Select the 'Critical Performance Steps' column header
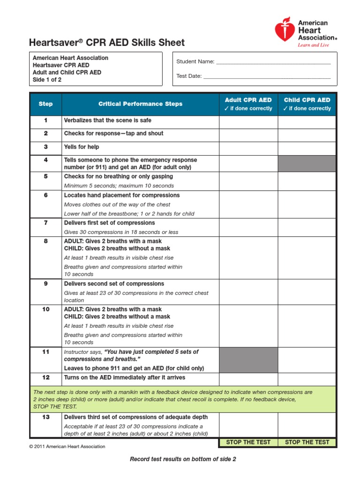140,104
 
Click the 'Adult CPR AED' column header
248,104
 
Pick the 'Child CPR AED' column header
307,104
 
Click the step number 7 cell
46,223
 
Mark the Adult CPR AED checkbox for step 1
248,122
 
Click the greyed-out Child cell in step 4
307,164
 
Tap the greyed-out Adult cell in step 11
248,360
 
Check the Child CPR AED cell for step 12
307,379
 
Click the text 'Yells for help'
82,147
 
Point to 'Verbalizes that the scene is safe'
108,120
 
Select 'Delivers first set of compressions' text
109,223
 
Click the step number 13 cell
46,417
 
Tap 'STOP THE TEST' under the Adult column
248,442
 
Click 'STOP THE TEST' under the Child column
307,442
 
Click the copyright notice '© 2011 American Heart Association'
67,447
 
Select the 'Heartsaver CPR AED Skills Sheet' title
107,43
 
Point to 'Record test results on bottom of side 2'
183,459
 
